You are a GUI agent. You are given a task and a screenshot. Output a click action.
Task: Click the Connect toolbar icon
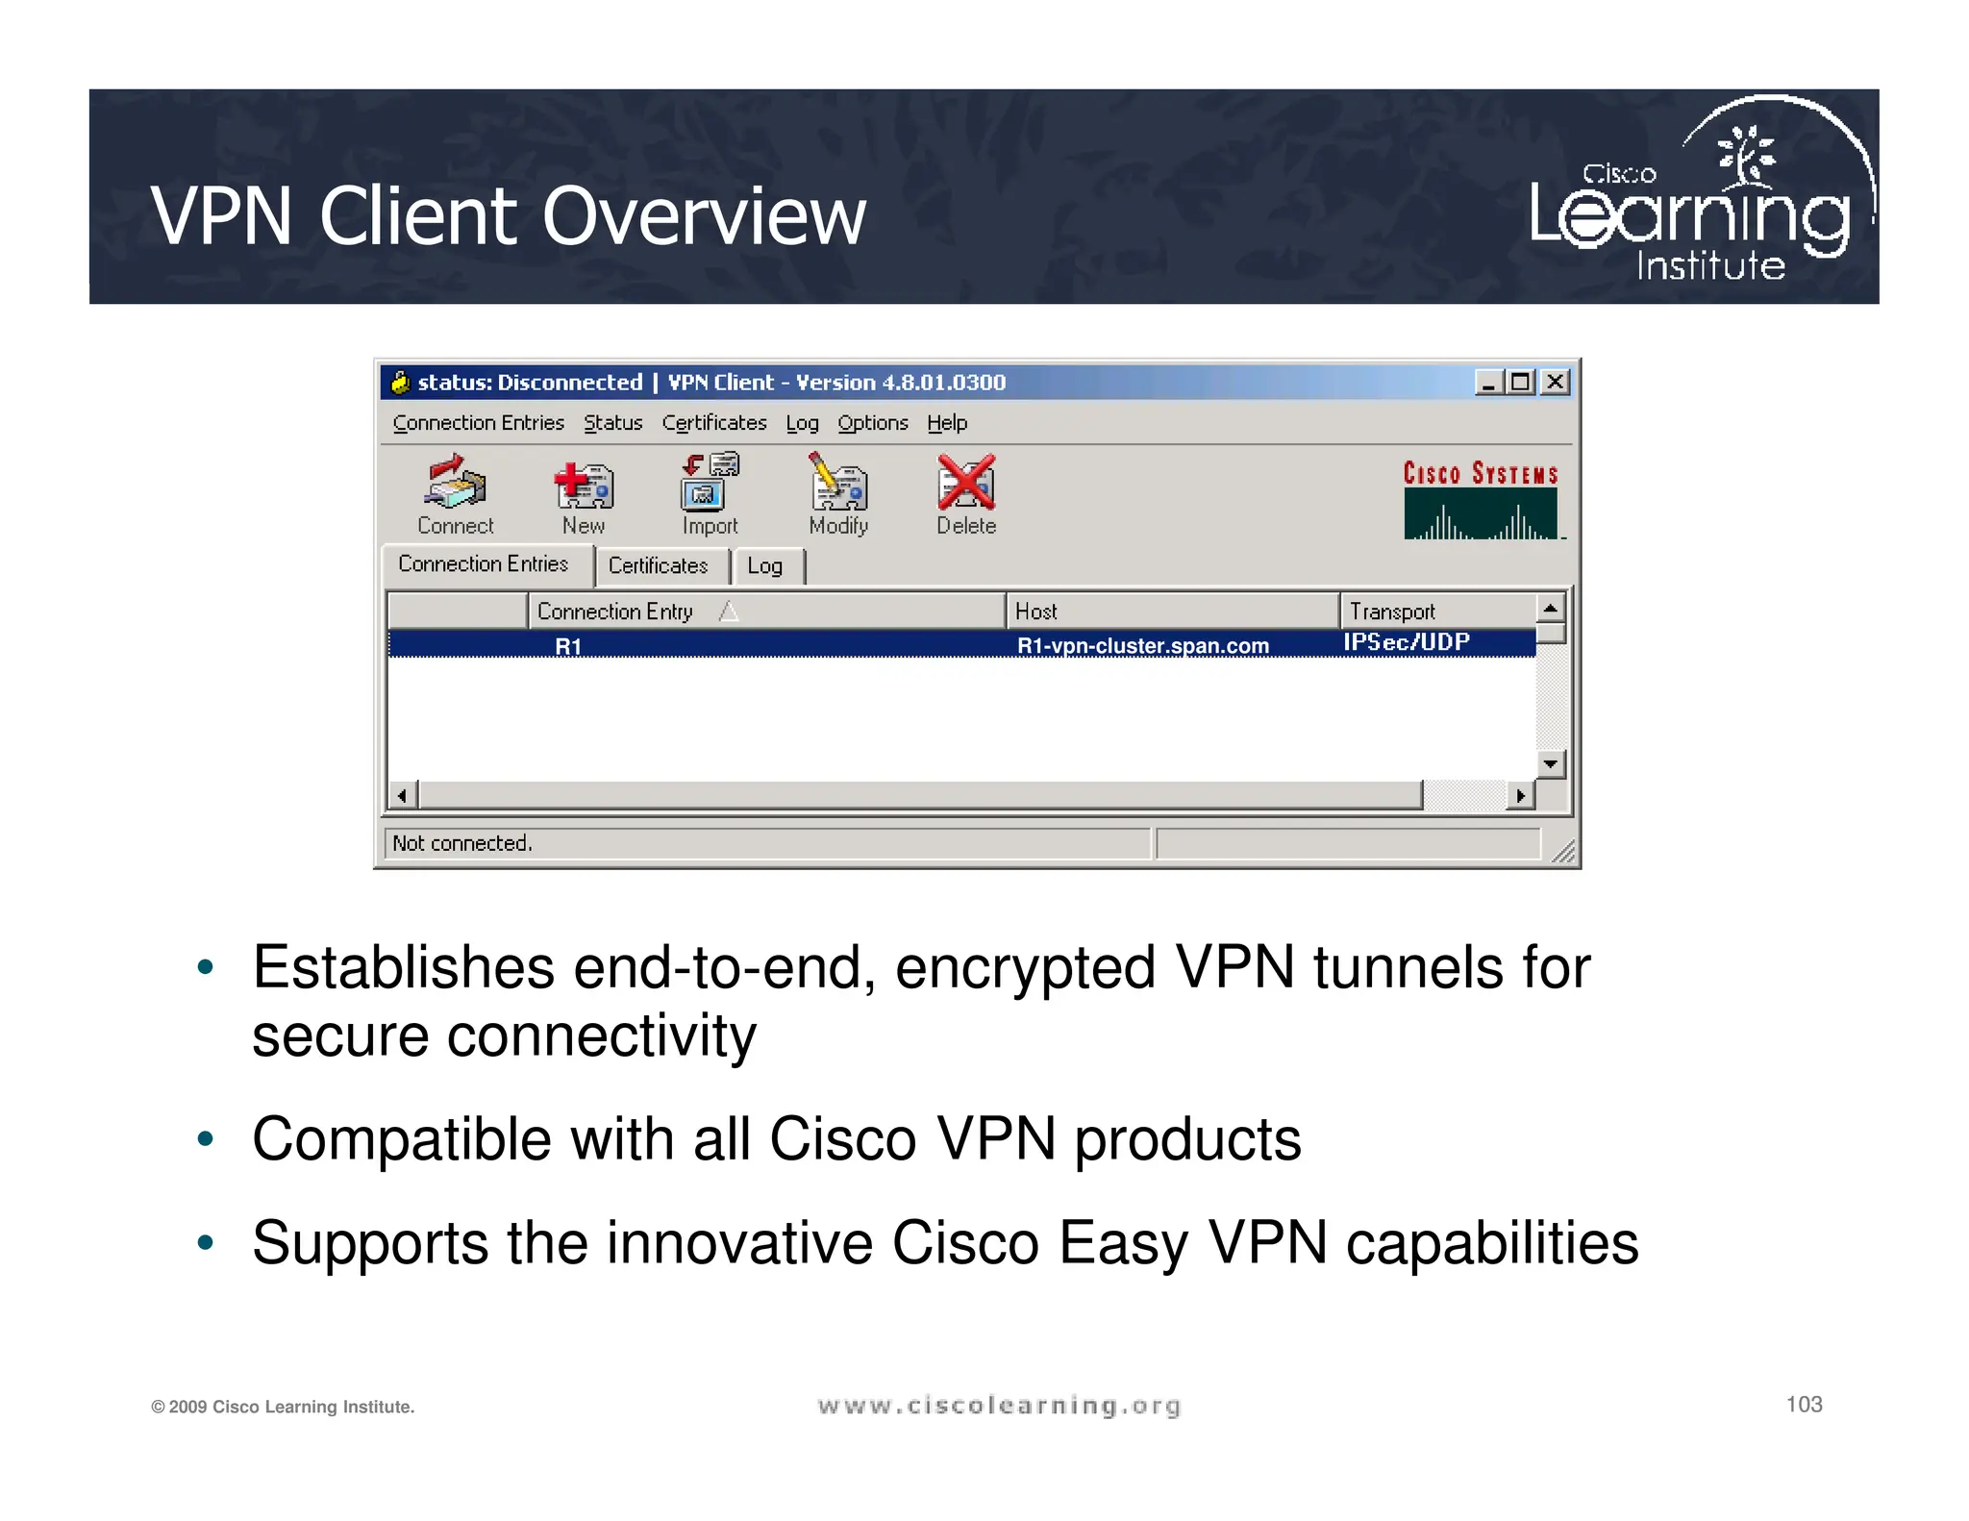click(x=455, y=484)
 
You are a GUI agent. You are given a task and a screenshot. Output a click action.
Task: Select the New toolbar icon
click(x=584, y=486)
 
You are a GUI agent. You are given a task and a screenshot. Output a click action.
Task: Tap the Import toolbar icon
click(x=710, y=483)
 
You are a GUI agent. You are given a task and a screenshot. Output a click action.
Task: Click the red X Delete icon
click(x=966, y=484)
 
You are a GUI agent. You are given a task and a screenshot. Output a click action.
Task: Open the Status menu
click(x=612, y=423)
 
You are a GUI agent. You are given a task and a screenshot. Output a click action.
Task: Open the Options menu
click(x=872, y=423)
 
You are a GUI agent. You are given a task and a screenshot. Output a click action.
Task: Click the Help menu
click(x=947, y=423)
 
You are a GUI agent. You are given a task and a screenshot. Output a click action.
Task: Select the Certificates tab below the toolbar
click(x=658, y=565)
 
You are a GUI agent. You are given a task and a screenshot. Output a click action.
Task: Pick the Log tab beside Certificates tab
click(x=765, y=566)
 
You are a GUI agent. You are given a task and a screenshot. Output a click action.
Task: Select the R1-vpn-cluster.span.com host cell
click(x=1143, y=645)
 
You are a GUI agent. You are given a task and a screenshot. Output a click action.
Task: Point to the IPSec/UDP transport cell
click(x=1407, y=642)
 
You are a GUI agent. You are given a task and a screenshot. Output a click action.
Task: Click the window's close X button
click(x=1555, y=383)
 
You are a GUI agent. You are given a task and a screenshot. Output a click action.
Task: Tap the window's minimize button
click(x=1488, y=383)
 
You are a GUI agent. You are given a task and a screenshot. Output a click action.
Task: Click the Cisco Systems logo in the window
click(x=1481, y=500)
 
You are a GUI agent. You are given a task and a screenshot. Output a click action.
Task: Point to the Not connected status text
click(x=462, y=843)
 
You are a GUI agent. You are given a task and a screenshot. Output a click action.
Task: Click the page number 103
click(x=1804, y=1405)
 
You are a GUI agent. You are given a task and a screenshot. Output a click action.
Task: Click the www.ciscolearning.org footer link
click(x=999, y=1406)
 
